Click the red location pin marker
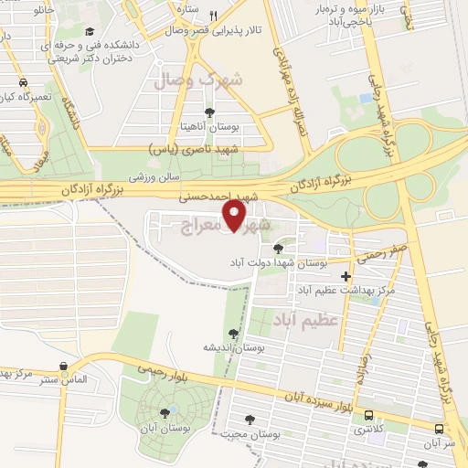[235, 216]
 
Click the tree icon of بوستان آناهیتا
[210, 112]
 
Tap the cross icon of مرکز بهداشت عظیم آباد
[346, 276]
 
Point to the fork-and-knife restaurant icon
[213, 16]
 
